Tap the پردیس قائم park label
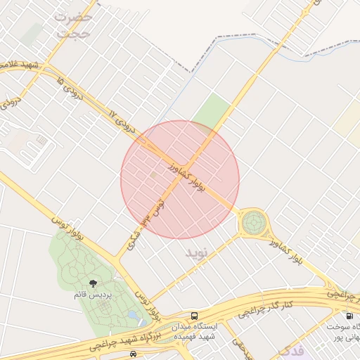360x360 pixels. coord(91,295)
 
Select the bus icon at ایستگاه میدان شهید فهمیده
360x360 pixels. coord(195,316)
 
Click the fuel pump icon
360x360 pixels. coord(349,317)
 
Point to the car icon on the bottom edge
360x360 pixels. coord(134,354)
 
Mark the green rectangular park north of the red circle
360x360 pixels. coord(212,112)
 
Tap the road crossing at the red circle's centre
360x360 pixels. coord(181,179)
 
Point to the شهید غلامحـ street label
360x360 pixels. coord(19,65)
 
